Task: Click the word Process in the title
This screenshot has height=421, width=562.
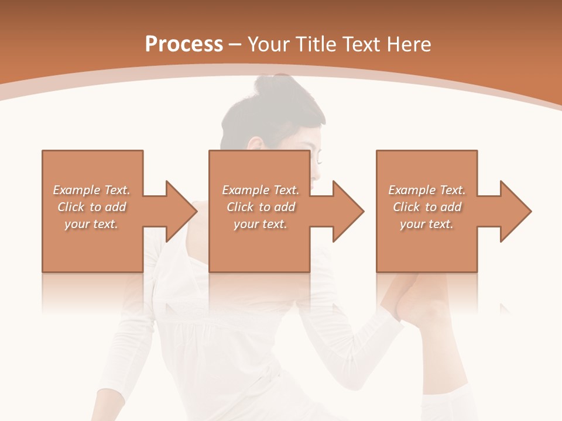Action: [x=184, y=44]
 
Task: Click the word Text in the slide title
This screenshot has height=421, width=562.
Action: [x=361, y=44]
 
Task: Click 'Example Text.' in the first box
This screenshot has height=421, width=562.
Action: [x=91, y=190]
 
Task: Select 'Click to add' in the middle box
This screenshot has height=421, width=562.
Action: [x=261, y=207]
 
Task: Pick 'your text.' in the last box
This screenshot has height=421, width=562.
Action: [x=427, y=224]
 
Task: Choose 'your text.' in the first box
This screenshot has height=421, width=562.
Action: [x=91, y=224]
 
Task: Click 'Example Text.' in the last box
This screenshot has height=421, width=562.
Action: [x=427, y=190]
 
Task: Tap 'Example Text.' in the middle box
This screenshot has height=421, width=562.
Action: [x=261, y=190]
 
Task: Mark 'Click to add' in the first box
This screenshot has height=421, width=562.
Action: [x=91, y=207]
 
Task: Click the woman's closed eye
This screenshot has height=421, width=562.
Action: [x=318, y=157]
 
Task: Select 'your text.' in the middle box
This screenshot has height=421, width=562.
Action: [x=261, y=224]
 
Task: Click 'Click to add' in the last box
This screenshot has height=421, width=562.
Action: [x=427, y=207]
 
